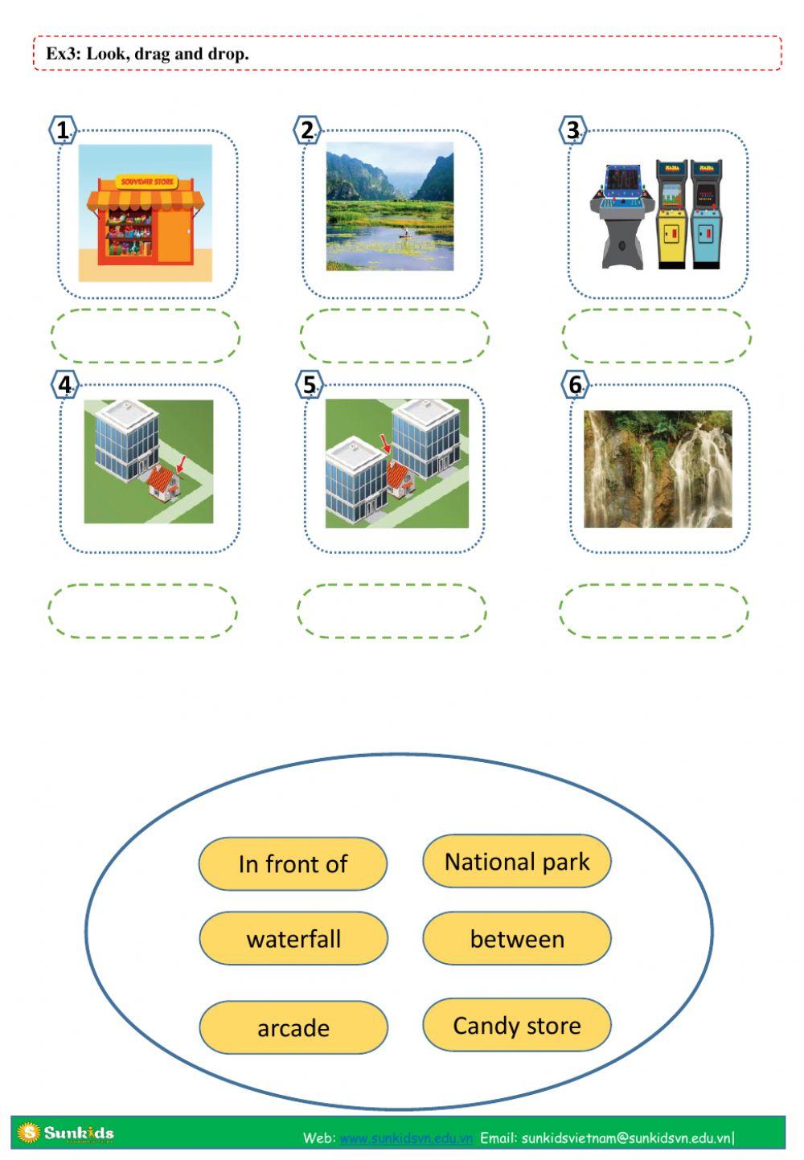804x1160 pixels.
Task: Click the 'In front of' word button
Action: click(293, 863)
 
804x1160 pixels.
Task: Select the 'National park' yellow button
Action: click(516, 861)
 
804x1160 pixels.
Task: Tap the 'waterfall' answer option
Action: click(293, 938)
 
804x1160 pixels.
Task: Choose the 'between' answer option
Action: click(516, 938)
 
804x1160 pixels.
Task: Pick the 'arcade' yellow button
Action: click(293, 1027)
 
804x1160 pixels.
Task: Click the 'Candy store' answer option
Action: click(516, 1025)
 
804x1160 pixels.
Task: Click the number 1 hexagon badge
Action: click(63, 130)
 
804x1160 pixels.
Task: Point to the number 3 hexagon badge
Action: click(572, 130)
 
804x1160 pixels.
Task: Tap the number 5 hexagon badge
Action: click(310, 385)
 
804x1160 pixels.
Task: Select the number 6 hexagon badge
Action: click(575, 385)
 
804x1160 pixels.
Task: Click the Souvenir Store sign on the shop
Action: click(147, 182)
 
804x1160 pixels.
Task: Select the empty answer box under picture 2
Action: click(394, 335)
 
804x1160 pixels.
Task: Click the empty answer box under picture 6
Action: click(654, 611)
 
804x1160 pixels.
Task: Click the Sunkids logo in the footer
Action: click(66, 1133)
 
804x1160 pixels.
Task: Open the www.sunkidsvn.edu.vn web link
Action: click(405, 1137)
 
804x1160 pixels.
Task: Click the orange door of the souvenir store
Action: click(174, 236)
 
